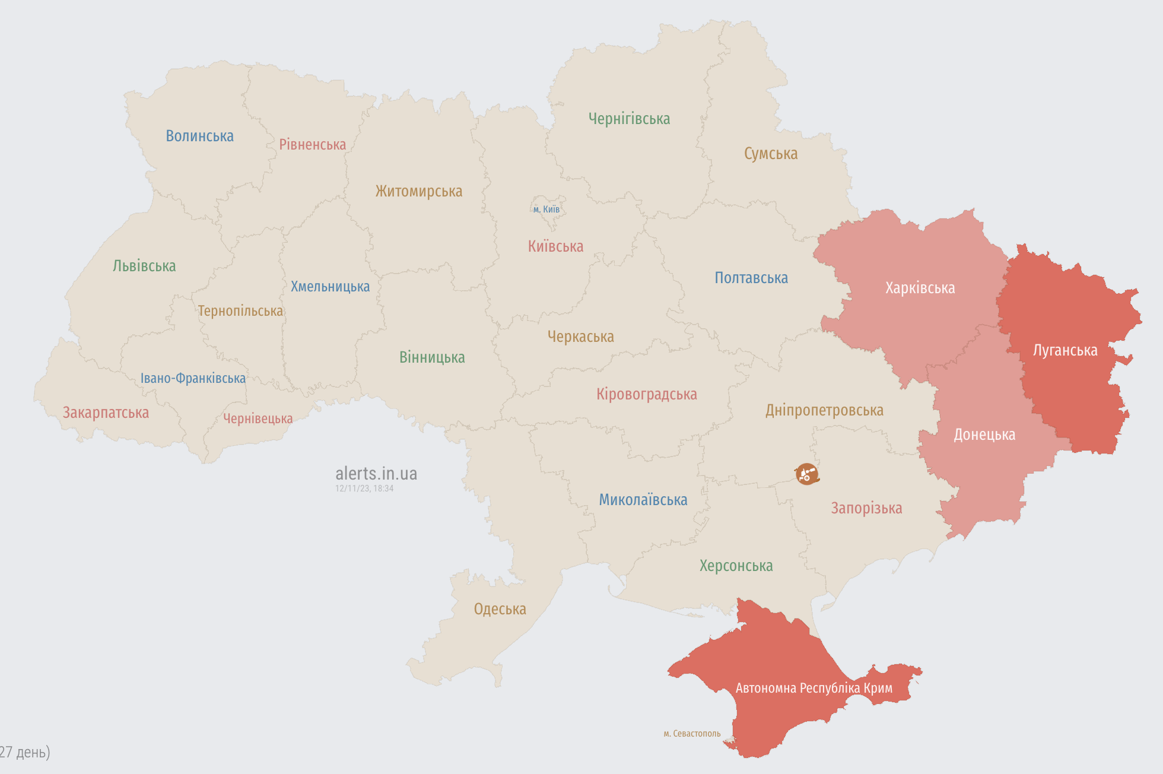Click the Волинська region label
pyautogui.click(x=199, y=136)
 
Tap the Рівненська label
pyautogui.click(x=312, y=144)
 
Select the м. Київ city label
pyautogui.click(x=546, y=209)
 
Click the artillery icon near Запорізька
pyautogui.click(x=806, y=474)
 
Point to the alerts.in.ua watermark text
pyautogui.click(x=376, y=473)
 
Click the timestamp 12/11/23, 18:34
pyautogui.click(x=364, y=488)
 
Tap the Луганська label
pyautogui.click(x=1065, y=350)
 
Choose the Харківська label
pyautogui.click(x=920, y=288)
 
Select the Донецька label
pyautogui.click(x=984, y=434)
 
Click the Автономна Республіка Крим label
pyautogui.click(x=814, y=688)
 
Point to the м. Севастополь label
pyautogui.click(x=692, y=734)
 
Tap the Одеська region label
pyautogui.click(x=500, y=609)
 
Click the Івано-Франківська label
pyautogui.click(x=193, y=378)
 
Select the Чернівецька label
pyautogui.click(x=258, y=418)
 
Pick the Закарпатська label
pyautogui.click(x=106, y=413)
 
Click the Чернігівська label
pyautogui.click(x=629, y=119)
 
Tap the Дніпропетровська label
pyautogui.click(x=824, y=410)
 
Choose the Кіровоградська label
pyautogui.click(x=646, y=394)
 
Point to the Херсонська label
pyautogui.click(x=736, y=566)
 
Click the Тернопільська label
pyautogui.click(x=240, y=311)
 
